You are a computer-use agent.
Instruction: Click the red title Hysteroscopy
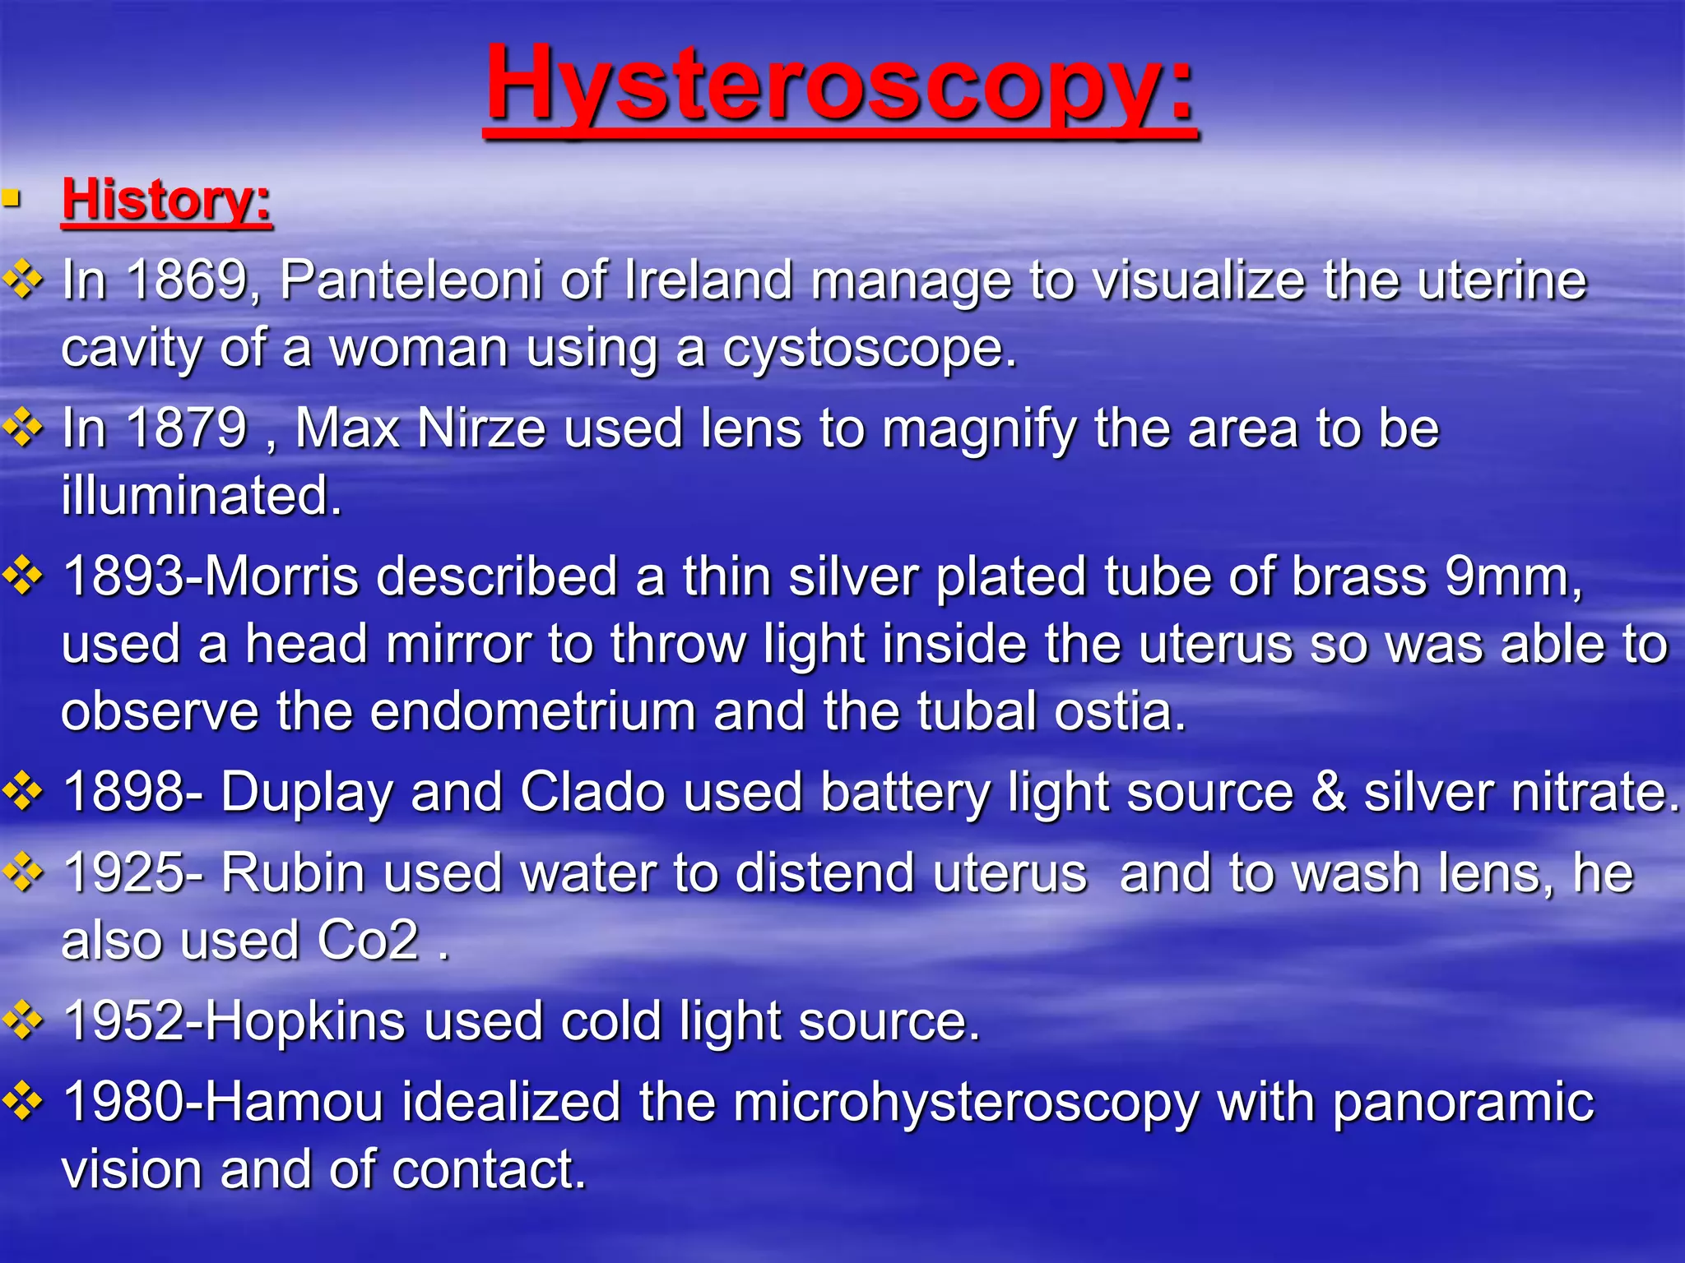839,86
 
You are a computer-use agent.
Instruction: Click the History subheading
166,200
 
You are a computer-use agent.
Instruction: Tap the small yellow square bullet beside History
11,198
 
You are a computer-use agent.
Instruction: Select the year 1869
188,280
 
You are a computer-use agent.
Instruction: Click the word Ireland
708,280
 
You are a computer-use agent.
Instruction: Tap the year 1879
187,428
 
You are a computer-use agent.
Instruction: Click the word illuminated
200,496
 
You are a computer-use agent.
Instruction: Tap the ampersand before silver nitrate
1328,792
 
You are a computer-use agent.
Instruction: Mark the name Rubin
292,872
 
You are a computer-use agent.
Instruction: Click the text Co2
368,940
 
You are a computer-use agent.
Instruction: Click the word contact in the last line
488,1169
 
